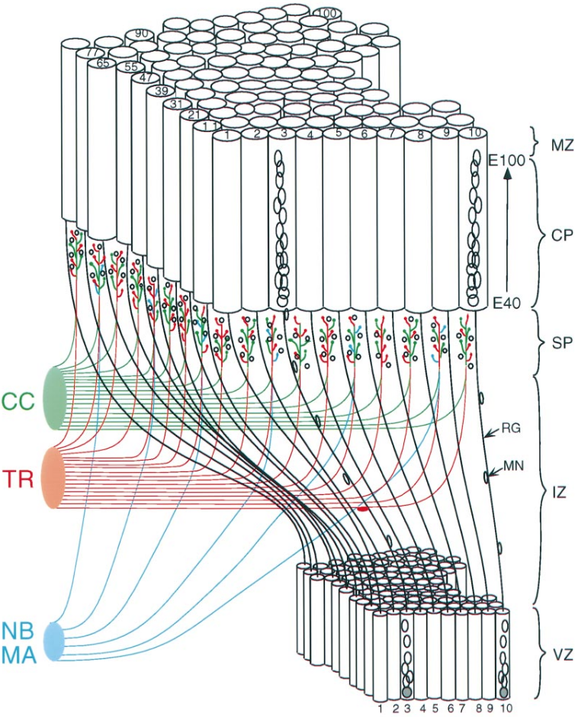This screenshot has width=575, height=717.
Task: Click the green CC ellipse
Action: pyautogui.click(x=56, y=398)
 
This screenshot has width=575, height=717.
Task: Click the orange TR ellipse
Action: pyautogui.click(x=54, y=477)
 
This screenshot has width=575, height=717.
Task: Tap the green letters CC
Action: pyautogui.click(x=18, y=401)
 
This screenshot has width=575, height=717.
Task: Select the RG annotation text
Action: pyautogui.click(x=512, y=429)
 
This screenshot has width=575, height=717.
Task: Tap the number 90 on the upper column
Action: pyautogui.click(x=141, y=34)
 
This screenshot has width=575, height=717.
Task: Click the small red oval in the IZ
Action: pyautogui.click(x=364, y=507)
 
